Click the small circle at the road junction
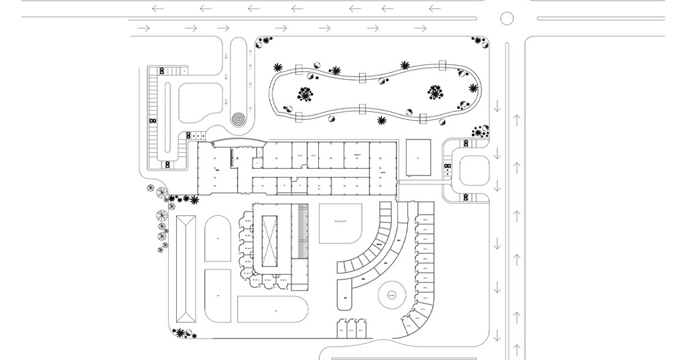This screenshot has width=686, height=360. tap(507, 17)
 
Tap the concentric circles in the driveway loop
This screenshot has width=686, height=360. tap(239, 119)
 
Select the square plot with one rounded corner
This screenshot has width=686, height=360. tap(340, 224)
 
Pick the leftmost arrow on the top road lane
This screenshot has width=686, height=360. tap(158, 9)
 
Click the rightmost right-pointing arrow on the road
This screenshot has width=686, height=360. tap(421, 28)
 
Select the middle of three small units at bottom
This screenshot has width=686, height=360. tap(350, 330)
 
